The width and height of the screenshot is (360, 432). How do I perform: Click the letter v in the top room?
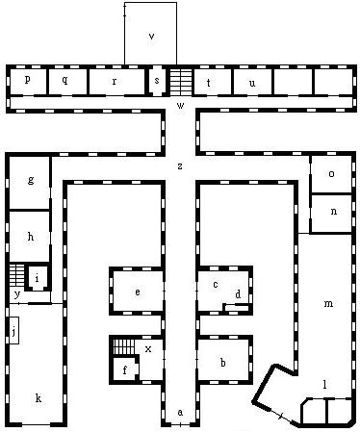pyautogui.click(x=151, y=37)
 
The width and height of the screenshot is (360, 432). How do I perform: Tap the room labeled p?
pyautogui.click(x=28, y=82)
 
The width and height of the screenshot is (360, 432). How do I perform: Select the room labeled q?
pyautogui.click(x=67, y=82)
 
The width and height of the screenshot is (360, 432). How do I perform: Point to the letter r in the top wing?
pyautogui.click(x=115, y=82)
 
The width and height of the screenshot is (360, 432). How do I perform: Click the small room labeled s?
pyautogui.click(x=157, y=81)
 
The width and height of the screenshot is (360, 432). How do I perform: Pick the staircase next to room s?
pyautogui.click(x=181, y=83)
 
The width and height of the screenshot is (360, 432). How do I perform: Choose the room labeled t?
pyautogui.click(x=213, y=82)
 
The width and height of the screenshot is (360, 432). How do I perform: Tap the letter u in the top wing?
pyautogui.click(x=252, y=83)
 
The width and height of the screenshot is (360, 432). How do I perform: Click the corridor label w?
pyautogui.click(x=181, y=105)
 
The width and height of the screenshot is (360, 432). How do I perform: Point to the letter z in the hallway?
pyautogui.click(x=180, y=166)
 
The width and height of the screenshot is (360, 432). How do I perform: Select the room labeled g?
pyautogui.click(x=29, y=183)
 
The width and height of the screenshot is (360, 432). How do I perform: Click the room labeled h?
pyautogui.click(x=29, y=237)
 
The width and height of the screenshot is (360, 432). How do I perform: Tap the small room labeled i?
pyautogui.click(x=38, y=278)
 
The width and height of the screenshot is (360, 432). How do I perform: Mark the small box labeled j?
pyautogui.click(x=13, y=330)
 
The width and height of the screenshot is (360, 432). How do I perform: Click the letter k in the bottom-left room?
pyautogui.click(x=39, y=398)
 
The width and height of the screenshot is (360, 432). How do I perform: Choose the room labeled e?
pyautogui.click(x=138, y=292)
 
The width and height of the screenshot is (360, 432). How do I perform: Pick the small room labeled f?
pyautogui.click(x=125, y=369)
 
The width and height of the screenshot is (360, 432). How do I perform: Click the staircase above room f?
pyautogui.click(x=123, y=346)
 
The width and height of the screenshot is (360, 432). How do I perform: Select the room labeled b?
pyautogui.click(x=223, y=360)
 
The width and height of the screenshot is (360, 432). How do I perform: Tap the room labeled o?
pyautogui.click(x=332, y=174)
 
